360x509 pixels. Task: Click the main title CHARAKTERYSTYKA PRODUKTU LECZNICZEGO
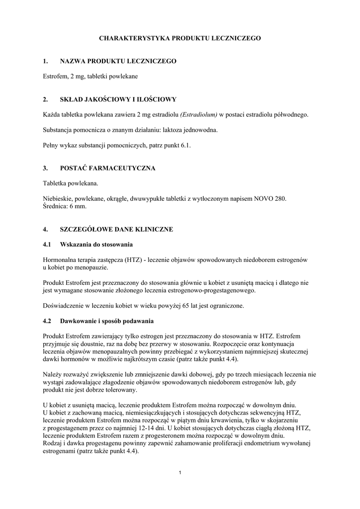coord(180,38)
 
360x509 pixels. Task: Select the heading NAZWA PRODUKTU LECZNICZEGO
coord(118,61)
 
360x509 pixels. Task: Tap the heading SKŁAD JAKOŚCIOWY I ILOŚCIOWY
coord(118,99)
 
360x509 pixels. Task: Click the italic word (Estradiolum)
coord(199,115)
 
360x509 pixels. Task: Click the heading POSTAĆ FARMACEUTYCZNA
coord(107,169)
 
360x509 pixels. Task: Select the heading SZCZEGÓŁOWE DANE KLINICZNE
coord(116,229)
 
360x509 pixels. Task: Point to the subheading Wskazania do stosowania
coord(96,245)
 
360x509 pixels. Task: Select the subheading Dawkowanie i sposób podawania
coord(107,321)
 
